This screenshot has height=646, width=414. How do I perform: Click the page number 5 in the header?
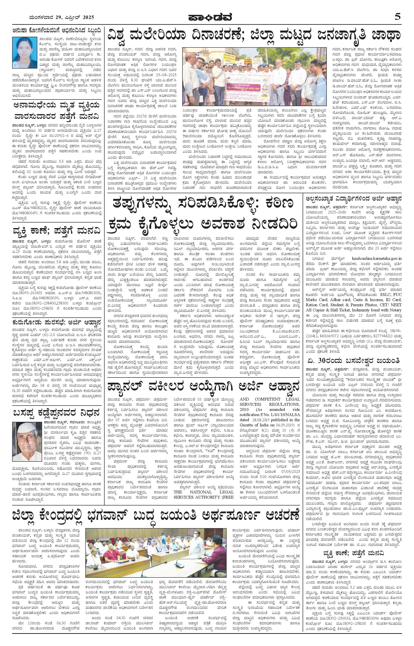tap(397, 17)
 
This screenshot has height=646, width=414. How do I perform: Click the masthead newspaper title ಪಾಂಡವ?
tap(207, 17)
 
